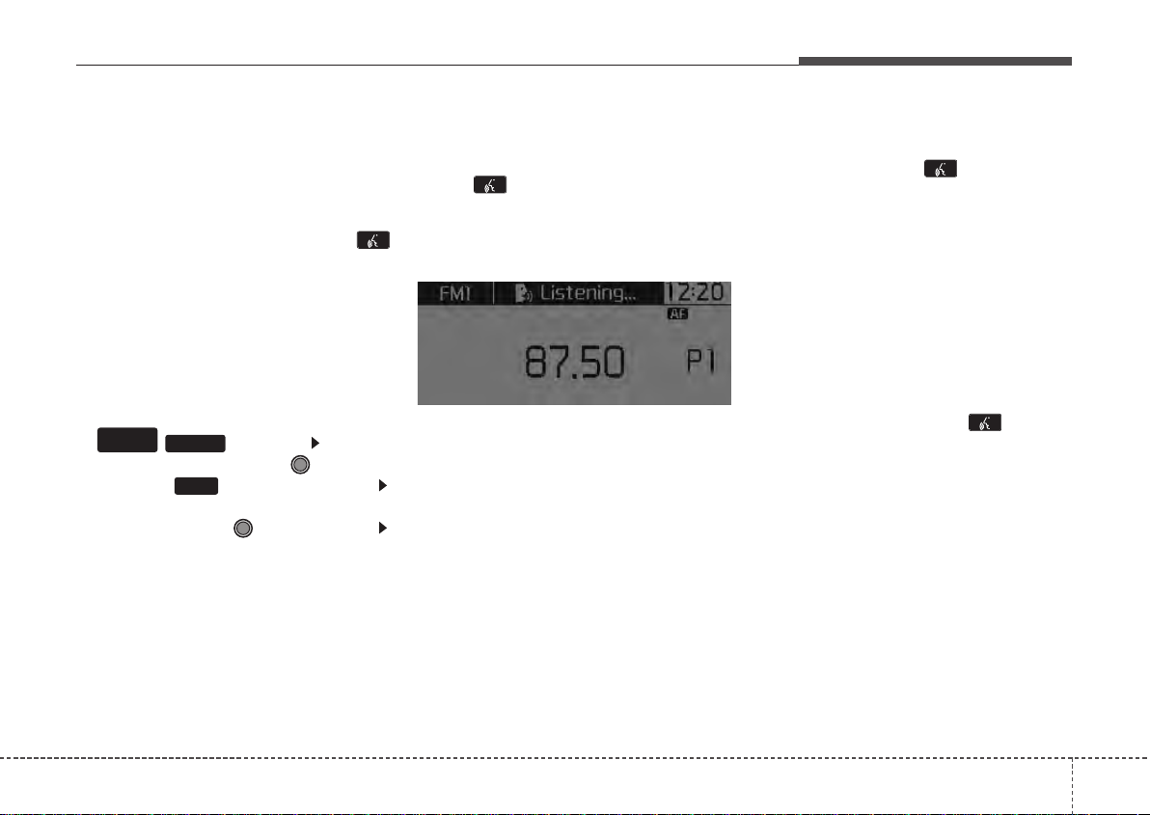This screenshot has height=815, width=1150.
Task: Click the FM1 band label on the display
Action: click(454, 294)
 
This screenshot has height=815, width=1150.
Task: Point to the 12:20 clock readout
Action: click(697, 292)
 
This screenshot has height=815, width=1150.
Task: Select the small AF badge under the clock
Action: click(677, 313)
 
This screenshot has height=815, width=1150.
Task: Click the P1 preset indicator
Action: click(701, 362)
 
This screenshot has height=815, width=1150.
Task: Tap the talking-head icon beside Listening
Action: click(524, 294)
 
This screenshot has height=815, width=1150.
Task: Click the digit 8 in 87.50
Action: click(536, 362)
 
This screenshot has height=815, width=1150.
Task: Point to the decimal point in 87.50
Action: click(580, 376)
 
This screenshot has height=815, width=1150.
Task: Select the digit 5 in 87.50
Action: click(594, 362)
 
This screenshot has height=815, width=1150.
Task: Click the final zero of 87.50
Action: click(615, 362)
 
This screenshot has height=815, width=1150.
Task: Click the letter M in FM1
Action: click(456, 294)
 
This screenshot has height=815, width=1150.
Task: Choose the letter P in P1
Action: click(696, 362)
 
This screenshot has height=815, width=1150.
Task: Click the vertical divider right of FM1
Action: click(494, 293)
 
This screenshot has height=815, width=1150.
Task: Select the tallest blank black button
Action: click(127, 440)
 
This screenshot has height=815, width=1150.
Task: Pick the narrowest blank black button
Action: click(197, 486)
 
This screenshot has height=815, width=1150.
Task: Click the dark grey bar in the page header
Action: click(935, 61)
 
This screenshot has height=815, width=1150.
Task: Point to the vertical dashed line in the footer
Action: click(1072, 786)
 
